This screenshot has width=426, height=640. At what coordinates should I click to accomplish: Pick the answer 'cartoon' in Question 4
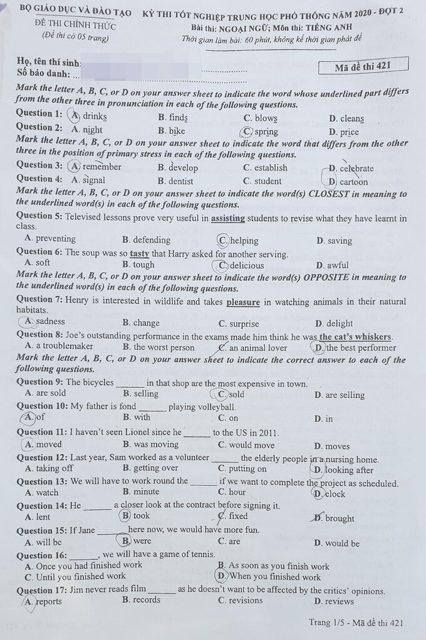pos(353,182)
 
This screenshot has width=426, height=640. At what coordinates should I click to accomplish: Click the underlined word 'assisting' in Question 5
pos(228,219)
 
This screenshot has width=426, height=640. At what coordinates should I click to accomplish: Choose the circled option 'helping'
pos(244,241)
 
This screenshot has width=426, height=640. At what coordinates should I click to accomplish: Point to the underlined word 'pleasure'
pos(242,302)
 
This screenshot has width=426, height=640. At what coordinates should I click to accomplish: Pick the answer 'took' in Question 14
pos(141,516)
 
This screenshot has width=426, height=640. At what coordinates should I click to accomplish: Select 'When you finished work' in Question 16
pos(275,577)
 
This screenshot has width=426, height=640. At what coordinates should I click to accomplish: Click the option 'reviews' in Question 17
pos(339,601)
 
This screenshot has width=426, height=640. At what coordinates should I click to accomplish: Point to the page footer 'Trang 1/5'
pos(327,622)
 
